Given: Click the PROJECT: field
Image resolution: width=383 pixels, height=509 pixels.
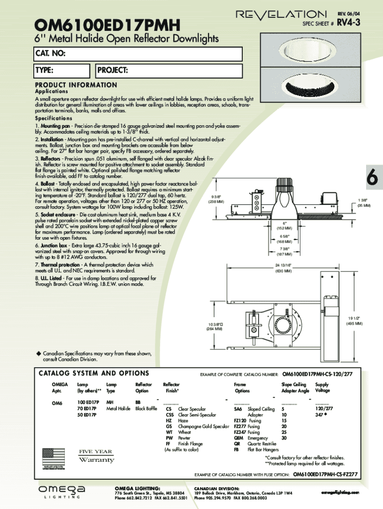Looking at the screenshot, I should click(x=169, y=71).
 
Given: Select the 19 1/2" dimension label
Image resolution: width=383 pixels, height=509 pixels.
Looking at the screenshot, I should click(x=354, y=321).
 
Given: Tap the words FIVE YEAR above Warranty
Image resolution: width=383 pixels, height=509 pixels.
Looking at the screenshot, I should click(x=96, y=451).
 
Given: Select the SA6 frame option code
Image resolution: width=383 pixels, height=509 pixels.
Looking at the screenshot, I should click(x=238, y=409).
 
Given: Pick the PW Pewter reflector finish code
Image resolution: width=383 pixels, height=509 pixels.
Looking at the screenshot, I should click(x=169, y=438).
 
